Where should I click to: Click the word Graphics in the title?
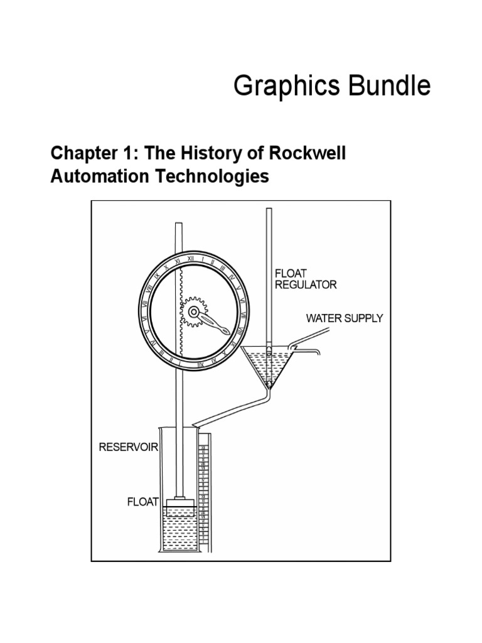point(284,87)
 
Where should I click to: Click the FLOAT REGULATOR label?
point(305,279)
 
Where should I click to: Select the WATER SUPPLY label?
point(344,318)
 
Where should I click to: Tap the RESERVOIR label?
point(128,448)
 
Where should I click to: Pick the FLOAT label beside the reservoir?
point(143,502)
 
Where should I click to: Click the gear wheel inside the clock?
point(194,311)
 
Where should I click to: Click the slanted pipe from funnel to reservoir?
point(232,409)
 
